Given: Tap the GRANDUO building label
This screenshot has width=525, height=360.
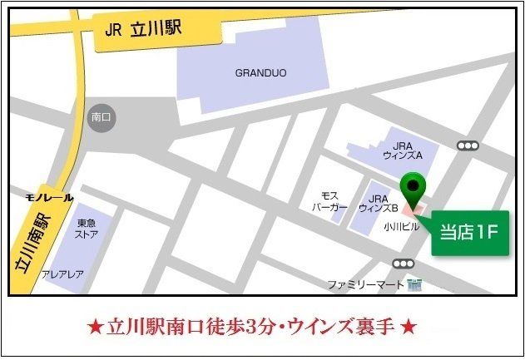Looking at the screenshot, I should [260, 72].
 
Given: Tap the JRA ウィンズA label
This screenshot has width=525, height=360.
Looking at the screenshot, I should [403, 150].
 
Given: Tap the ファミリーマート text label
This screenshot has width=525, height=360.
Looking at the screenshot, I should [365, 284].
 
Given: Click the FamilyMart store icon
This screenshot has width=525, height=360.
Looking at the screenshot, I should [414, 284].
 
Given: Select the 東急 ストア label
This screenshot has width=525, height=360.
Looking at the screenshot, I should [87, 228].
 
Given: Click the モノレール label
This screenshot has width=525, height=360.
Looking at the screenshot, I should [49, 198].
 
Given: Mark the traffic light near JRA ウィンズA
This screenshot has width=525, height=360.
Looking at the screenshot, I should [468, 145].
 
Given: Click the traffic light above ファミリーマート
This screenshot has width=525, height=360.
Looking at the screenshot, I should [404, 264].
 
